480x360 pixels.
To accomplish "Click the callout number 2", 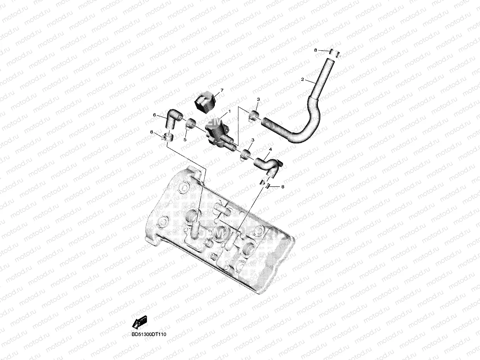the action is pos(302,80).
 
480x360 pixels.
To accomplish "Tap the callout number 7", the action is pos(222,91).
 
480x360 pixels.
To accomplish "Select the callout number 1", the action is pos(230,111).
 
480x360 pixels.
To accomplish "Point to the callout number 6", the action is pos(154,115).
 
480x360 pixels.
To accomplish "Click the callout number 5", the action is pos(185,140).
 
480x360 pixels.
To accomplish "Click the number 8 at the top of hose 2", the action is pos(316,51).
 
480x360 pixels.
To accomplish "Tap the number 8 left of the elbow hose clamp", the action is pos(152,132).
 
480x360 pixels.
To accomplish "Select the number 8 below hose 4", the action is pos(283,187).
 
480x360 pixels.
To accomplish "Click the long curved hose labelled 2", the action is pos(309,116).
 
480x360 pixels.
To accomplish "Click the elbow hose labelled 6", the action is pos(172,120).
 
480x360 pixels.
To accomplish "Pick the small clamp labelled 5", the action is pos(191,124).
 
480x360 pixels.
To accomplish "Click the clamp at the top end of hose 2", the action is pos(335,54).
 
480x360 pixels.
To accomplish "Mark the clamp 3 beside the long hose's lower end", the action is pos(254,115).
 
